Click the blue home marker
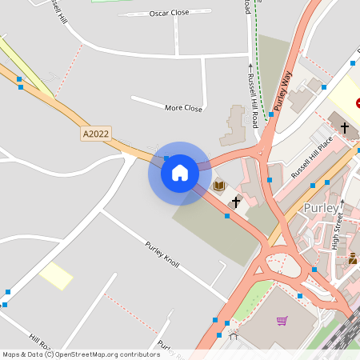click(x=179, y=172)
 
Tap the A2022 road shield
click(x=95, y=135)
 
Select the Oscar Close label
click(x=170, y=14)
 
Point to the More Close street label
click(x=183, y=108)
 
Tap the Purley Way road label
click(x=282, y=88)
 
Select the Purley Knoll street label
click(x=162, y=254)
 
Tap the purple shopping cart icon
click(x=282, y=321)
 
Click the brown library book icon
click(x=219, y=186)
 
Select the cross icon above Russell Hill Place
click(x=345, y=127)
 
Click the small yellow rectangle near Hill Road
click(x=56, y=275)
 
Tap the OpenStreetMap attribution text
click(x=80, y=354)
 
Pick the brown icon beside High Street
click(x=352, y=258)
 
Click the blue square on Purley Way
click(x=271, y=114)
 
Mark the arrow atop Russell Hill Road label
click(x=250, y=66)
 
